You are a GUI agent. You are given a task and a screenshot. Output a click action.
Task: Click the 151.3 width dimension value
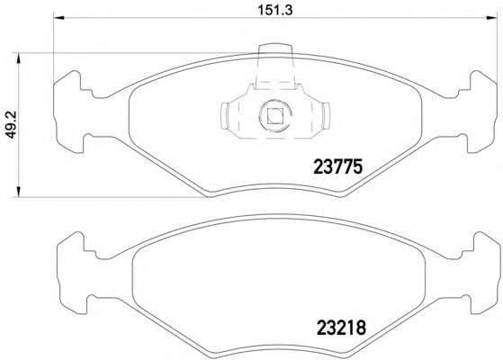click(x=275, y=10)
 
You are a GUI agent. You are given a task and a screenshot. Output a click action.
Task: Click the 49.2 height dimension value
click(x=12, y=124)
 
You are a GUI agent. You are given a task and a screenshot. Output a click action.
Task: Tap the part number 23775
click(x=337, y=166)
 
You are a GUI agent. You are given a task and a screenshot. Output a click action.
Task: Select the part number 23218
click(x=341, y=328)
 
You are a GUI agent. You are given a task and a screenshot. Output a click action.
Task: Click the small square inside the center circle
click(x=275, y=116)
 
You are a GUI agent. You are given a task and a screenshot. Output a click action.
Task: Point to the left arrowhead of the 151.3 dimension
click(x=59, y=18)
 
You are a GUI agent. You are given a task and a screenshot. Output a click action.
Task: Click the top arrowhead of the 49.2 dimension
click(x=18, y=58)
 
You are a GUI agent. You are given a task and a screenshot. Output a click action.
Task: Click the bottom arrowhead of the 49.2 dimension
click(x=18, y=191)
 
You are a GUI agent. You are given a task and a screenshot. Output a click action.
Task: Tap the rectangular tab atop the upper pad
click(x=275, y=66)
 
